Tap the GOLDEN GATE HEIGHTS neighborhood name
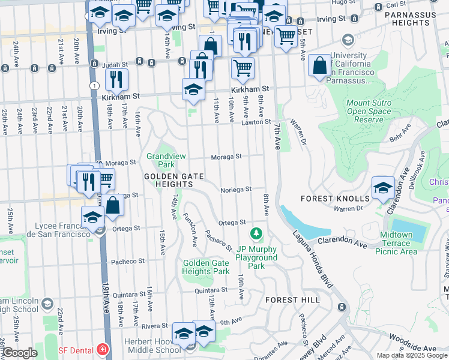point(173,176)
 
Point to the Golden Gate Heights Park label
point(206,267)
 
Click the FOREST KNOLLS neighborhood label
point(339,199)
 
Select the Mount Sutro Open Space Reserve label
point(369,111)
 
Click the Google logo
point(19,353)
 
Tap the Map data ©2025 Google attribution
point(411,355)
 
